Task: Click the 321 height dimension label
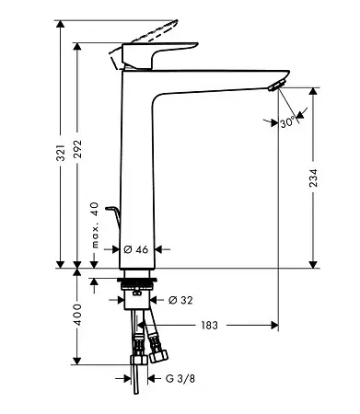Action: (62, 153)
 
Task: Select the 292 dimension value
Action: (77, 149)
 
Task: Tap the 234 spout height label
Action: (313, 178)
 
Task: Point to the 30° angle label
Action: (287, 122)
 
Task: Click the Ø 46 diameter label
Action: (136, 249)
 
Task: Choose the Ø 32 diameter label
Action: (180, 300)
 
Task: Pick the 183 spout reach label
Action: (209, 325)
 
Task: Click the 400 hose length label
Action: (77, 315)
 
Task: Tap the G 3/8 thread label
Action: (180, 379)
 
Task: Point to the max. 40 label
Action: (95, 225)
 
